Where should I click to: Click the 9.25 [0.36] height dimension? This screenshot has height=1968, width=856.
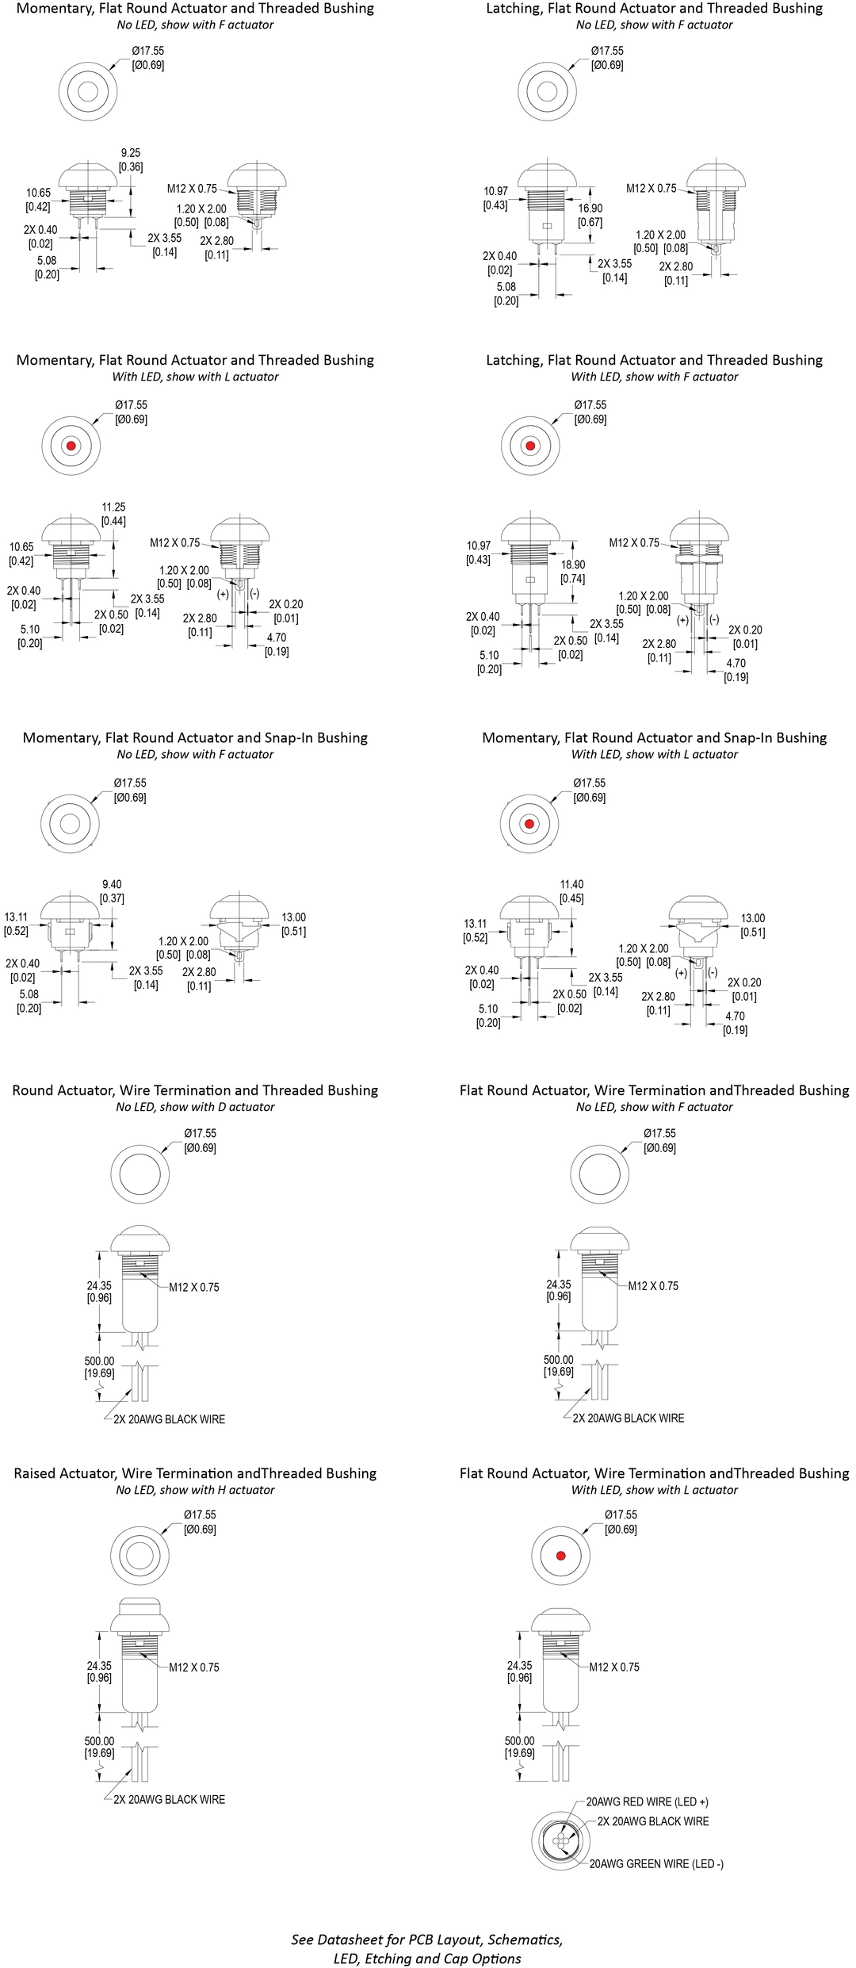(x=131, y=159)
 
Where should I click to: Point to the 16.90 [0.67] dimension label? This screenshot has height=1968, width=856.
(x=590, y=215)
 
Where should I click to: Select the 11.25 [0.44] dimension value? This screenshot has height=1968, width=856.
(x=113, y=514)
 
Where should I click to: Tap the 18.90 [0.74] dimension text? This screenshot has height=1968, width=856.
(x=572, y=572)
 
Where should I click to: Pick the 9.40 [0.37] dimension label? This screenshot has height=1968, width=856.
(x=112, y=891)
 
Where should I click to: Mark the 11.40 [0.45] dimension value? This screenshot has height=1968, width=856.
(x=571, y=891)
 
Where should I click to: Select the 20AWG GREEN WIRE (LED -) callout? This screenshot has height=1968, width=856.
(x=655, y=1864)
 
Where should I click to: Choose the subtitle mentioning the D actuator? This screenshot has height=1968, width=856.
(x=195, y=1107)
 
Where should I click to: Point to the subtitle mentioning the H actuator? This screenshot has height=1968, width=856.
(x=195, y=1490)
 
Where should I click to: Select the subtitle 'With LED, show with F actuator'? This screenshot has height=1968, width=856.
(x=654, y=377)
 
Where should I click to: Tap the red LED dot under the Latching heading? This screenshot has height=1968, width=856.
(x=530, y=446)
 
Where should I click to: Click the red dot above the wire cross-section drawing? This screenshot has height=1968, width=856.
(x=560, y=1556)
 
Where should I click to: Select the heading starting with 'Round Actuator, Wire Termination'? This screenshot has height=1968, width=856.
(x=195, y=1090)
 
